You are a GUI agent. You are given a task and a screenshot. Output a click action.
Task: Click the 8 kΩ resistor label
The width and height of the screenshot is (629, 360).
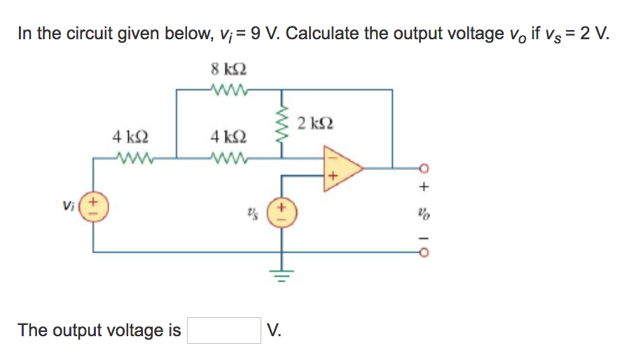pos(228,71)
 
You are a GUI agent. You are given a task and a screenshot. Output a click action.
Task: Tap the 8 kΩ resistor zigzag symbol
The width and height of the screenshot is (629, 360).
pos(228,89)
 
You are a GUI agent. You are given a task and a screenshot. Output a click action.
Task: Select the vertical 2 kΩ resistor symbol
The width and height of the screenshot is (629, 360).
pos(283,126)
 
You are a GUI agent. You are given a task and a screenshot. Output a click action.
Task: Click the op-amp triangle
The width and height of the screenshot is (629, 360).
pos(340,168)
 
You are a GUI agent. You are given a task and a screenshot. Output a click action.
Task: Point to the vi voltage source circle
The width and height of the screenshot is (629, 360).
pos(95,208)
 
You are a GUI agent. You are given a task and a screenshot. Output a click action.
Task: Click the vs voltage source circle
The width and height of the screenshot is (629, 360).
pos(282,210)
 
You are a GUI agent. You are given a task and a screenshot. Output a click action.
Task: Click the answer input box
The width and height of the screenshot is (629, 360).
pos(224,330)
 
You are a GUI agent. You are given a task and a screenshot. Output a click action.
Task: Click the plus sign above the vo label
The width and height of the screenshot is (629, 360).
pos(423,188)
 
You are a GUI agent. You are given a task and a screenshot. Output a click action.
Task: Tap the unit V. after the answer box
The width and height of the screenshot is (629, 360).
pos(274,330)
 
